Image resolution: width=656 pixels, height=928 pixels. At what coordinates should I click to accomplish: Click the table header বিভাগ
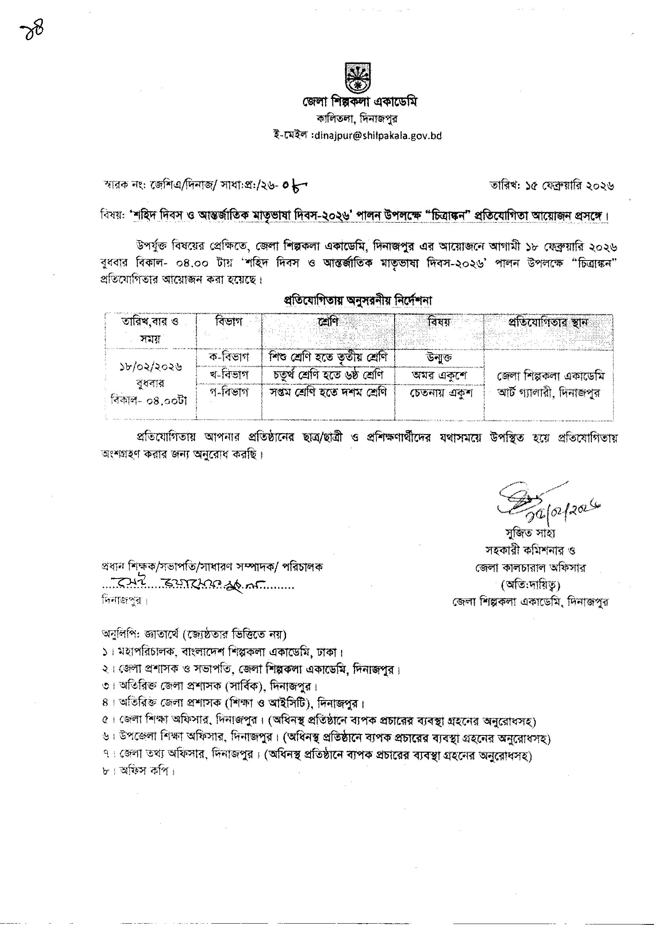[228, 322]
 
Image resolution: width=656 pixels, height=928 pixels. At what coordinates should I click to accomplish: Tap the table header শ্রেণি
[328, 322]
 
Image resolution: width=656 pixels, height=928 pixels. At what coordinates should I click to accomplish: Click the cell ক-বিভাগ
[228, 357]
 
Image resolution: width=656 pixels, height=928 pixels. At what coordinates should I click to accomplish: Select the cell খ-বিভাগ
[228, 375]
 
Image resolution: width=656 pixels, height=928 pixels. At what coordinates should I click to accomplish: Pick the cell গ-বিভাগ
[228, 392]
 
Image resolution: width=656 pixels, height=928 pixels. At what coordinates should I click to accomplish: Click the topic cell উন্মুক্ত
[439, 357]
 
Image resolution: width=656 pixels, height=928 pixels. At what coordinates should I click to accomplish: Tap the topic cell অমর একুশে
[439, 375]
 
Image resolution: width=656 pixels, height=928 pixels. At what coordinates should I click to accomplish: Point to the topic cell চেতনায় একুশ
[439, 392]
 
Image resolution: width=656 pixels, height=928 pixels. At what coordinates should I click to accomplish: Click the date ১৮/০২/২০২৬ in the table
[150, 367]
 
